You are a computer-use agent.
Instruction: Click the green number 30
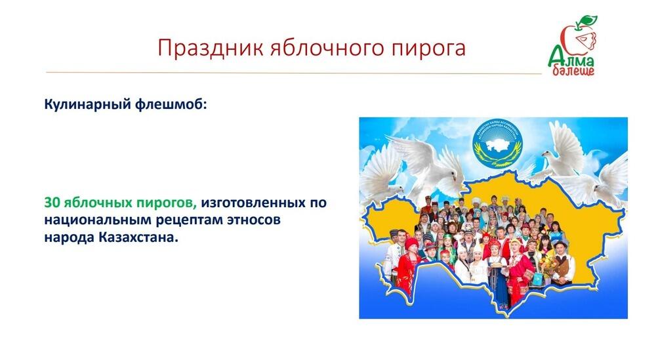coord(52,202)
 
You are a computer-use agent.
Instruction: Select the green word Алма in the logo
coord(571,58)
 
